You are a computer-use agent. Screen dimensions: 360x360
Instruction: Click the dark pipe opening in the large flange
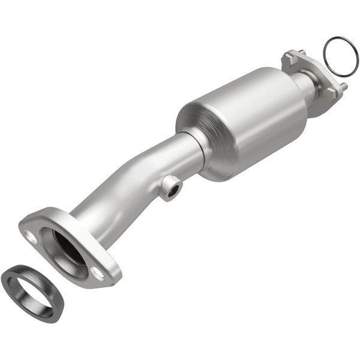[69, 246]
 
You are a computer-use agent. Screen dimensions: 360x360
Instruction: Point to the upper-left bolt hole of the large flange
[31, 237]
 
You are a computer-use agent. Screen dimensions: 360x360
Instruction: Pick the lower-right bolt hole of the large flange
[97, 273]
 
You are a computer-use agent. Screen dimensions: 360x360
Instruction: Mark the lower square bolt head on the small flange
[330, 92]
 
